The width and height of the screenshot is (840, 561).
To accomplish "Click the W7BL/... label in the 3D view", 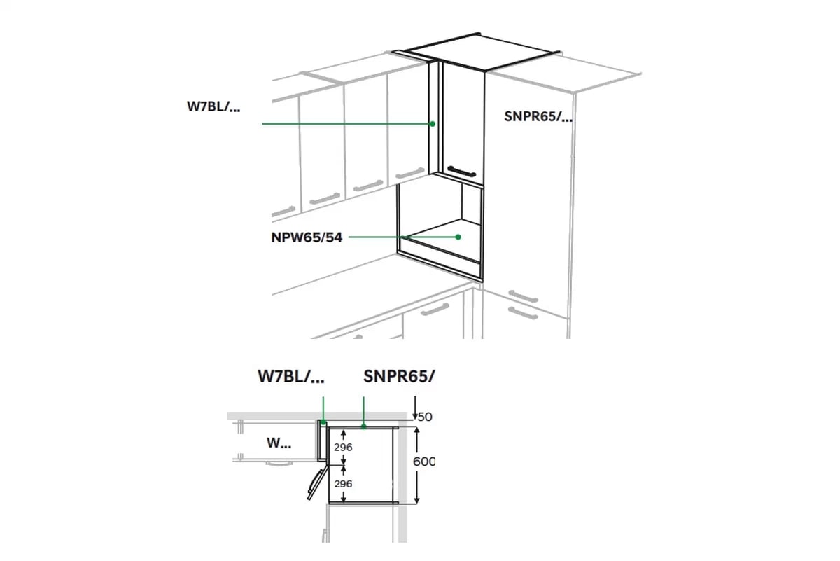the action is [x=213, y=107].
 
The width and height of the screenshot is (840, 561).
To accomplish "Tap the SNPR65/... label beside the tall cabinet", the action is [x=538, y=117].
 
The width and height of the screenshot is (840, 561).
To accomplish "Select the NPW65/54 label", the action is [x=307, y=237].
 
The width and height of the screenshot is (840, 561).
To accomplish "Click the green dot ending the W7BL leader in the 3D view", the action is [x=433, y=124].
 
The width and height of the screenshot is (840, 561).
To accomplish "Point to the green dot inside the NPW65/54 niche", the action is [x=458, y=237].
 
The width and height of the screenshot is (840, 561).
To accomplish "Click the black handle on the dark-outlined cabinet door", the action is [x=461, y=171].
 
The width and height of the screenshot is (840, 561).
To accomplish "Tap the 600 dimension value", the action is [x=423, y=461].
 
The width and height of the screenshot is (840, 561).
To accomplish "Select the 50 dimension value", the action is [x=425, y=417].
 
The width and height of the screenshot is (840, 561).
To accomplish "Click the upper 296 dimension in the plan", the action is [x=343, y=448].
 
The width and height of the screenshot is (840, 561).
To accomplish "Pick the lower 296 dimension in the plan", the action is [x=343, y=484].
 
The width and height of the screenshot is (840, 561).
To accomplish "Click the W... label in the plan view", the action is [x=279, y=443].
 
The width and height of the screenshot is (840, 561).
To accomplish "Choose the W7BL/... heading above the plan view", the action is [x=291, y=376].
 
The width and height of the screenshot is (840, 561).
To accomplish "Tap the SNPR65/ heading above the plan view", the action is [x=399, y=376].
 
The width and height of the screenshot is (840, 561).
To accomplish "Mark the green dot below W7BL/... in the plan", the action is [x=323, y=422].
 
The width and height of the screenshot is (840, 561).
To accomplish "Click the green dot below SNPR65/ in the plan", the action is [x=363, y=427].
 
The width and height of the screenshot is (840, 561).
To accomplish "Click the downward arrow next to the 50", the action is [x=414, y=408].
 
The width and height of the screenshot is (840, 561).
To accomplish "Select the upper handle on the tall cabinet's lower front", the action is [x=523, y=296].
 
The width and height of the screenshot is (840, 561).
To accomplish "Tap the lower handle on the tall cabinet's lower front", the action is [x=523, y=313].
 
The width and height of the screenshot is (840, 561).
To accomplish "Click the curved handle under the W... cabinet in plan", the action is [x=279, y=464].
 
